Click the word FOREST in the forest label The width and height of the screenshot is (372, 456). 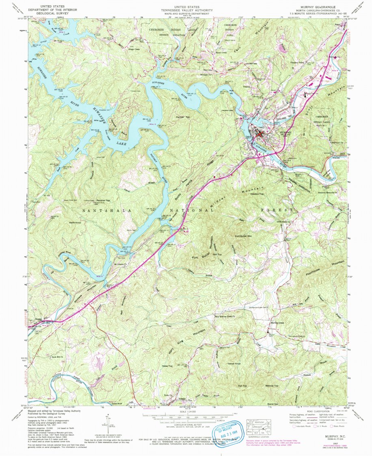278,210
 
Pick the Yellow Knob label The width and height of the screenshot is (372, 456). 234,363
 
